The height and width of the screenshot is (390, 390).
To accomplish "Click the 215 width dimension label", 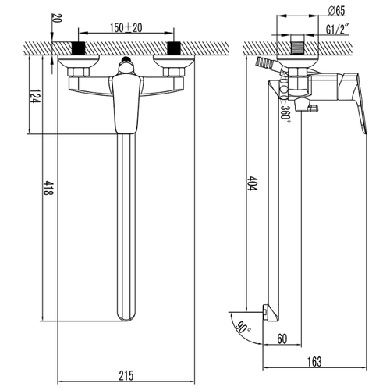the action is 126,376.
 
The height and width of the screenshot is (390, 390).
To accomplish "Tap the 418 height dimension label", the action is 48,188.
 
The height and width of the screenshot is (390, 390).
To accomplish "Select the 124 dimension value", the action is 35,96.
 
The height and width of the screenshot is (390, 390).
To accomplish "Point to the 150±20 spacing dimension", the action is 126,28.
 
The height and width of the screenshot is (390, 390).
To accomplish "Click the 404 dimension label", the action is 253,183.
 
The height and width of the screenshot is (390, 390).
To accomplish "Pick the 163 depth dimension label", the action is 314,362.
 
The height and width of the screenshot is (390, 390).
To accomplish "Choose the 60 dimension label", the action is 282,339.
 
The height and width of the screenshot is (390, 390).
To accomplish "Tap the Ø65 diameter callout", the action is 336,11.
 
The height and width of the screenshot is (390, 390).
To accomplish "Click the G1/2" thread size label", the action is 337,30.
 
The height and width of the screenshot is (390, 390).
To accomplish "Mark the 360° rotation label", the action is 285,112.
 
